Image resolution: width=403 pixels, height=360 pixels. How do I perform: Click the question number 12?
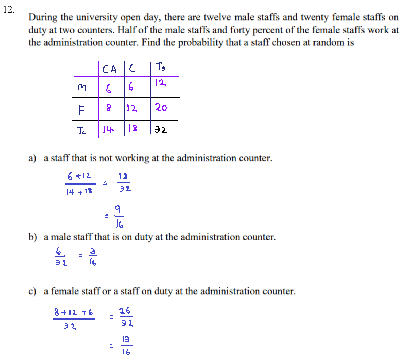8,10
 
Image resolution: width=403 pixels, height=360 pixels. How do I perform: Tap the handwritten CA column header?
110,69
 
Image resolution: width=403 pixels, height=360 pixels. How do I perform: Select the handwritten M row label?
82,87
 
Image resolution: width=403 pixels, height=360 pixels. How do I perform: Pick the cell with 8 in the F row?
108,108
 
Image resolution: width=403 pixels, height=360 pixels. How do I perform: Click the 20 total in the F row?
161,108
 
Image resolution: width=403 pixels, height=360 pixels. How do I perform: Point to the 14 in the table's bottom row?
108,130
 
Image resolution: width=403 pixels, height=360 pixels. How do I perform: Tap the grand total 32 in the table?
161,130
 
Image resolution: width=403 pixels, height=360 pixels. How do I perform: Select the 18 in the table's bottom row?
133,128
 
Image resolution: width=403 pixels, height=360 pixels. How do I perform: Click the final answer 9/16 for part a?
119,216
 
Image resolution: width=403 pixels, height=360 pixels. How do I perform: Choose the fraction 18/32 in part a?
123,183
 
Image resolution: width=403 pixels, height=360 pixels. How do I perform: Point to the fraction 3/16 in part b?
93,257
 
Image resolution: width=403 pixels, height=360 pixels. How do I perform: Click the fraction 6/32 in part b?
61,257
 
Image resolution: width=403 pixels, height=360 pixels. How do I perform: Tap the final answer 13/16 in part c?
126,346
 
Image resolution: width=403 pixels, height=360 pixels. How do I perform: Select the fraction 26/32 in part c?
126,317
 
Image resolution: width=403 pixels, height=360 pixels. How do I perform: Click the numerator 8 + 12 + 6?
73,312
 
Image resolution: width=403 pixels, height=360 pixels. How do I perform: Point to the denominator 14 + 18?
79,191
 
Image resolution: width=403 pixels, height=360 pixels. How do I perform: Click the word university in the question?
97,17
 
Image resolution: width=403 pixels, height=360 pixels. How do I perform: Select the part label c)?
32,291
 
